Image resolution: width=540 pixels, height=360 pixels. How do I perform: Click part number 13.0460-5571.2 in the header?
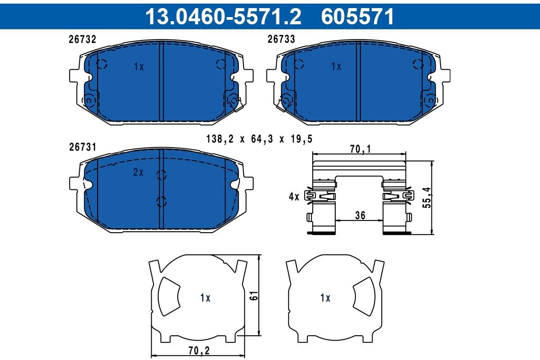pyautogui.click(x=223, y=16)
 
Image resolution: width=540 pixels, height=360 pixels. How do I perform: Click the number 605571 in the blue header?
pyautogui.click(x=357, y=16)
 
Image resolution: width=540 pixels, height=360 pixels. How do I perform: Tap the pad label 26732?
pyautogui.click(x=82, y=39)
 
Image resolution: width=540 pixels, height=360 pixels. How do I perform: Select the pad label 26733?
pyautogui.click(x=281, y=39)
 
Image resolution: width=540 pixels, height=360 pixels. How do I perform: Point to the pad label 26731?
pyautogui.click(x=83, y=147)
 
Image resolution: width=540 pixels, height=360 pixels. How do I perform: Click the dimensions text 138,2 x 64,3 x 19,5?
pyautogui.click(x=259, y=139)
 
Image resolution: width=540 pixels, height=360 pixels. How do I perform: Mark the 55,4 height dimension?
pyautogui.click(x=427, y=198)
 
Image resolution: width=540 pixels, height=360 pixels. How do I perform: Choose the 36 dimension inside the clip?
pyautogui.click(x=360, y=215)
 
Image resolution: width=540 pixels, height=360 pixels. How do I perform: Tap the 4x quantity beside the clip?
pyautogui.click(x=294, y=197)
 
